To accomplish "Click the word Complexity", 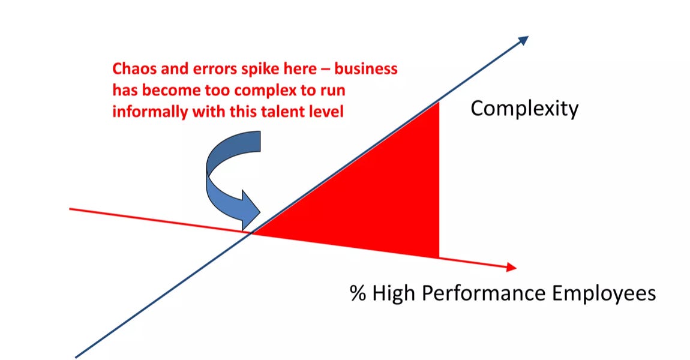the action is (524, 109).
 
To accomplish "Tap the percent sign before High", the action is (358, 294).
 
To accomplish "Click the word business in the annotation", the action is (365, 68).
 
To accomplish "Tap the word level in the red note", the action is (328, 112).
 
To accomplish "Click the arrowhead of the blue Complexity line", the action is (523, 40).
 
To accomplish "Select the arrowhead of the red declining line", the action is (510, 267).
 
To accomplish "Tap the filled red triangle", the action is (384, 204).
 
